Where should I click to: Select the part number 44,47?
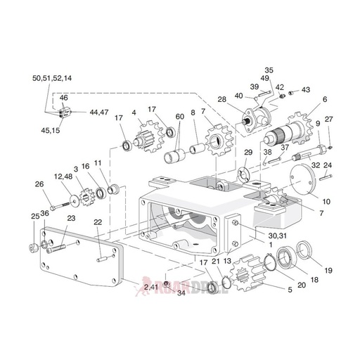pyautogui.click(x=98, y=112)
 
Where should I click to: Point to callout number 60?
pyautogui.click(x=180, y=116)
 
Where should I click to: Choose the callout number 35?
pyautogui.click(x=269, y=70)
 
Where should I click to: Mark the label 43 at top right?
pyautogui.click(x=306, y=90)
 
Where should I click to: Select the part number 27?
pyautogui.click(x=328, y=119)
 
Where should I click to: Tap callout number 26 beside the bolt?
pyautogui.click(x=39, y=185)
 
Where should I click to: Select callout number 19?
pyautogui.click(x=327, y=269)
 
